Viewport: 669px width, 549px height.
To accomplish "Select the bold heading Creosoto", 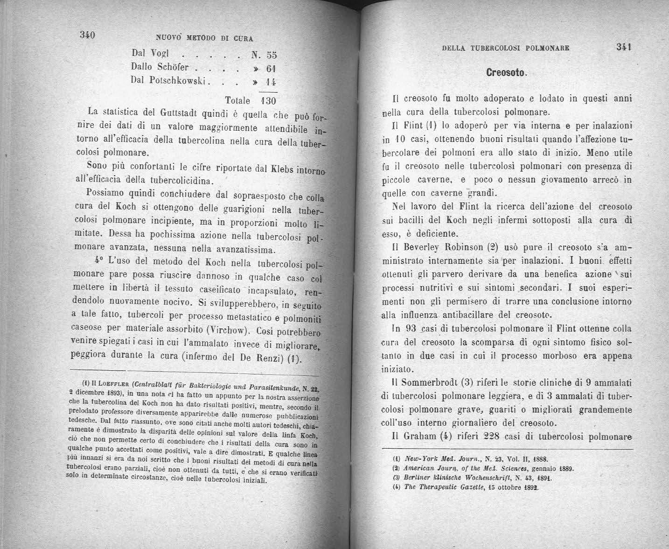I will pos(506,73).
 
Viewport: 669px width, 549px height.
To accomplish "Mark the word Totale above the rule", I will pos(237,101).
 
